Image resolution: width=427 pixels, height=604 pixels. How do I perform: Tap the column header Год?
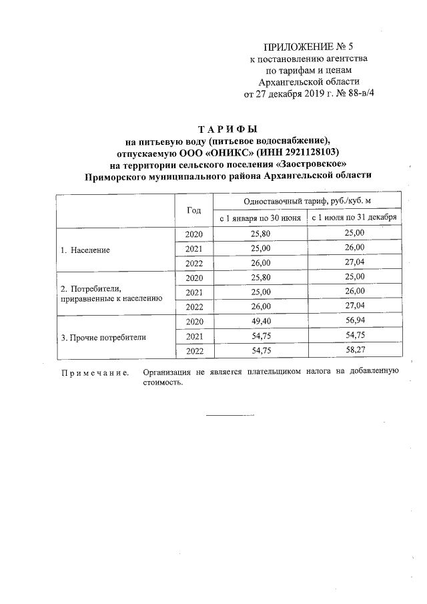click(193, 210)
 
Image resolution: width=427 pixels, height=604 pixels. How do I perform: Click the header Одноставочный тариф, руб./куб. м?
click(307, 201)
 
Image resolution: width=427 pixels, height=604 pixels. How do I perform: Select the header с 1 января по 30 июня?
click(260, 218)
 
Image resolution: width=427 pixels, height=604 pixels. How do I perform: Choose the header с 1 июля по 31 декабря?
click(354, 218)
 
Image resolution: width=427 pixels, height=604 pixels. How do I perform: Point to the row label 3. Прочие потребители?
click(103, 337)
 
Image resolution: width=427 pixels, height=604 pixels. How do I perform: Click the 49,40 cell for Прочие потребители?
click(260, 322)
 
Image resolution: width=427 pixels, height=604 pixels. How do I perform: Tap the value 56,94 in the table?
click(354, 322)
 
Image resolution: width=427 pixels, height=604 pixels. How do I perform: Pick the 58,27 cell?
click(354, 351)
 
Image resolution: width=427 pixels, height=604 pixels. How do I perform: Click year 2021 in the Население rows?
click(193, 248)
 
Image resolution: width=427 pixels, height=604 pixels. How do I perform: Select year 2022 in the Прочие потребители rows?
click(193, 351)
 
